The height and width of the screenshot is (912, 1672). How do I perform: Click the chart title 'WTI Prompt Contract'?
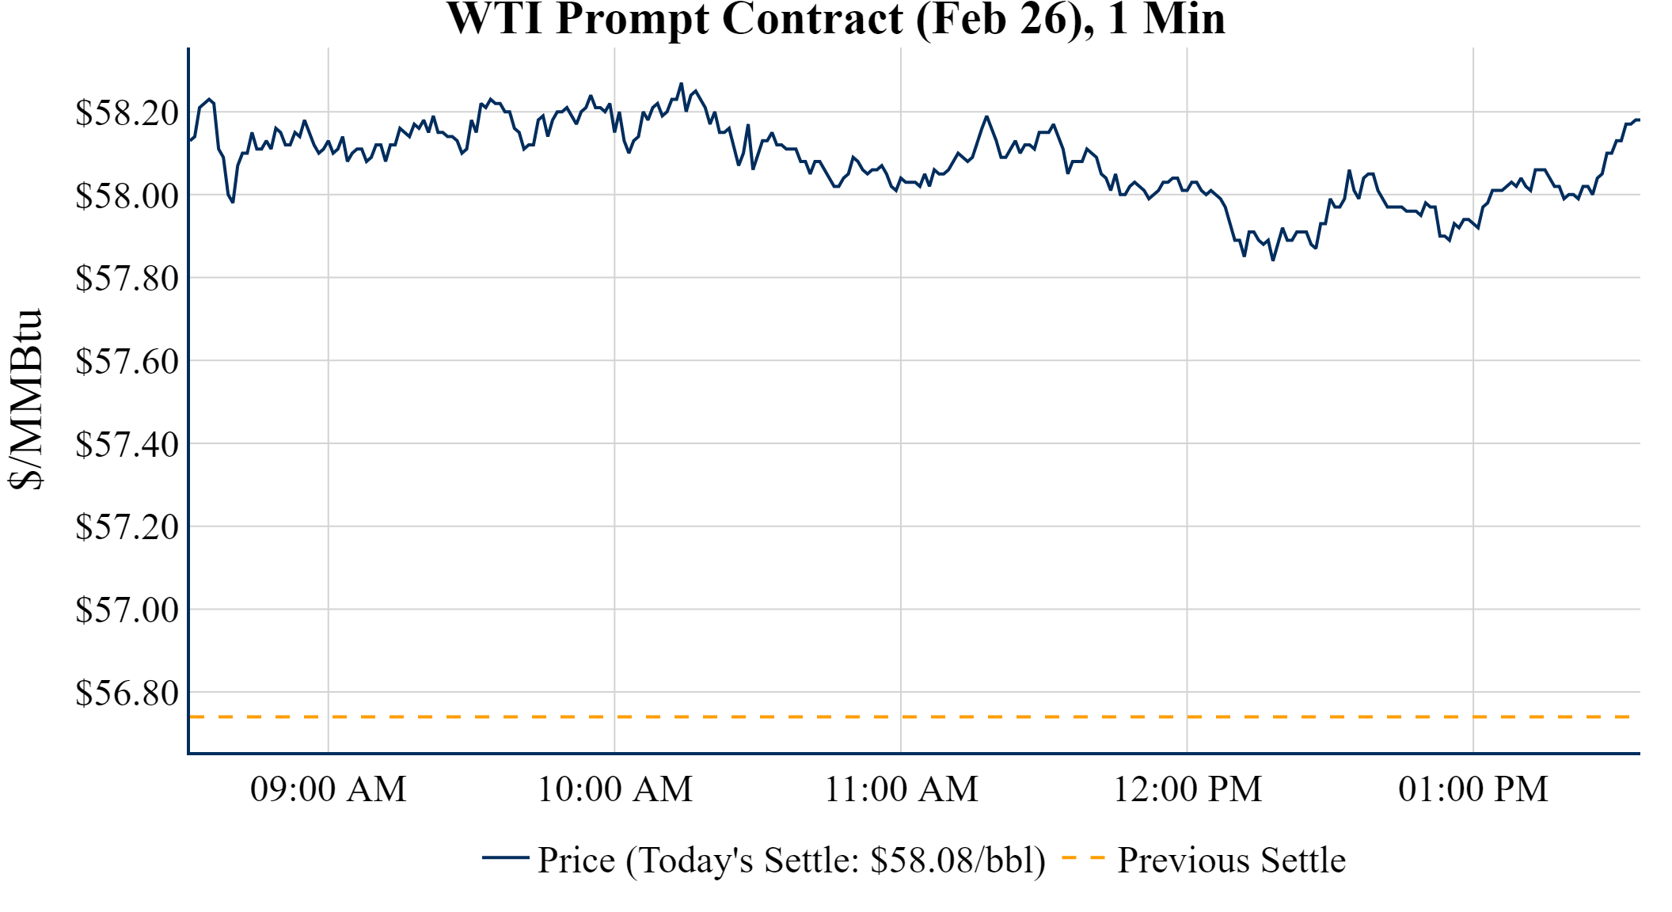click(x=836, y=19)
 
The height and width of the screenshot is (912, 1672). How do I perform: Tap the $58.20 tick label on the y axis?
click(x=127, y=112)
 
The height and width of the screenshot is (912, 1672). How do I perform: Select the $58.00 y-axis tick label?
click(x=127, y=196)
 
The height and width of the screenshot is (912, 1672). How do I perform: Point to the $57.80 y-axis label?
click(x=127, y=278)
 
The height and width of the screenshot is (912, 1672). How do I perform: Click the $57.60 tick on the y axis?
click(x=127, y=361)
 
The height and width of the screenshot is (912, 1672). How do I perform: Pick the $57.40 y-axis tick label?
click(x=127, y=444)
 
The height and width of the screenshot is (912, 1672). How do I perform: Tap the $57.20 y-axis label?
click(x=127, y=526)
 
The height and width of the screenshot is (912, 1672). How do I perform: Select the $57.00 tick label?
click(x=127, y=610)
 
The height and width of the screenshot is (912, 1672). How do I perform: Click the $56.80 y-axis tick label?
click(x=127, y=693)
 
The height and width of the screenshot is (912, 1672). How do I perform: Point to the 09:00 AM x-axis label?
click(x=329, y=789)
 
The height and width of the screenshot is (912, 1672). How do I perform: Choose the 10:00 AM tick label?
click(x=615, y=789)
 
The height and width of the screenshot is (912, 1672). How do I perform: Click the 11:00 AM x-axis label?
click(x=901, y=789)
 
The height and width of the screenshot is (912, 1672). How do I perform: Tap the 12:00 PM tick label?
click(x=1187, y=789)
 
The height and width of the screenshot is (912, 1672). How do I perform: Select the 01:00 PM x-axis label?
click(x=1473, y=789)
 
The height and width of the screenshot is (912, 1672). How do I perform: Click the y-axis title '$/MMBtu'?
click(x=25, y=400)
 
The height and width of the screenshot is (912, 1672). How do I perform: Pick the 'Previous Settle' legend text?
click(x=1231, y=860)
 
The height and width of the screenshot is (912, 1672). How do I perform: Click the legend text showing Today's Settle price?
click(x=792, y=860)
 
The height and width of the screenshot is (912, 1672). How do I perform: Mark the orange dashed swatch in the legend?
click(x=1082, y=857)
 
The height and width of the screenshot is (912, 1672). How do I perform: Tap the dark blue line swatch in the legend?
click(x=505, y=857)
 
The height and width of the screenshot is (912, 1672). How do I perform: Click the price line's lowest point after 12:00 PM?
click(x=1273, y=260)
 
